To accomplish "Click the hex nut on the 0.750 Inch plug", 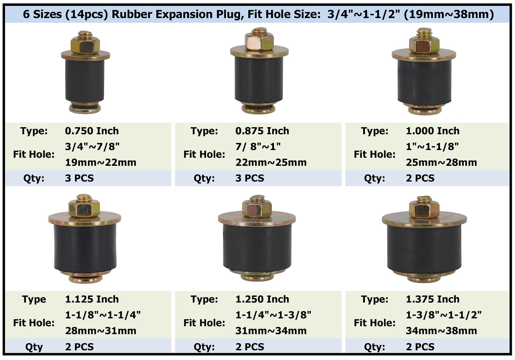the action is [85, 45].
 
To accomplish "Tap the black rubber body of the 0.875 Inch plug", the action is [259, 79].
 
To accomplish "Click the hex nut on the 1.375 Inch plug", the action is [424, 209].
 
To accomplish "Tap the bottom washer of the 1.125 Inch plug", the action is [85, 277].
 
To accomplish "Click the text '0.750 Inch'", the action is [92, 131].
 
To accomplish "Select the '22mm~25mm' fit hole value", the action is [271, 163].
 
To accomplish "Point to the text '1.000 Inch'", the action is [433, 131].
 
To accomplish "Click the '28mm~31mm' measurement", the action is [101, 331].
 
